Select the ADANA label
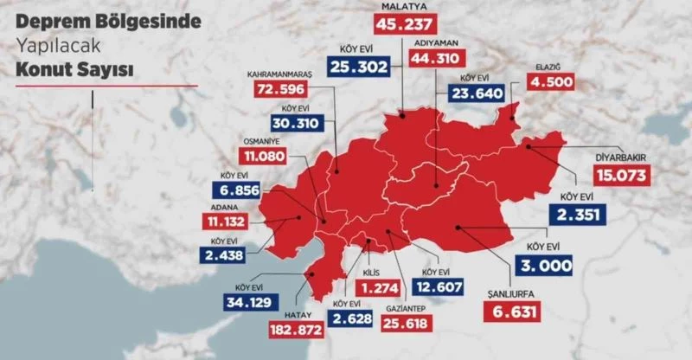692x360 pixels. point(225,206)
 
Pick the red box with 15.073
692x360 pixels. point(621,175)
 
